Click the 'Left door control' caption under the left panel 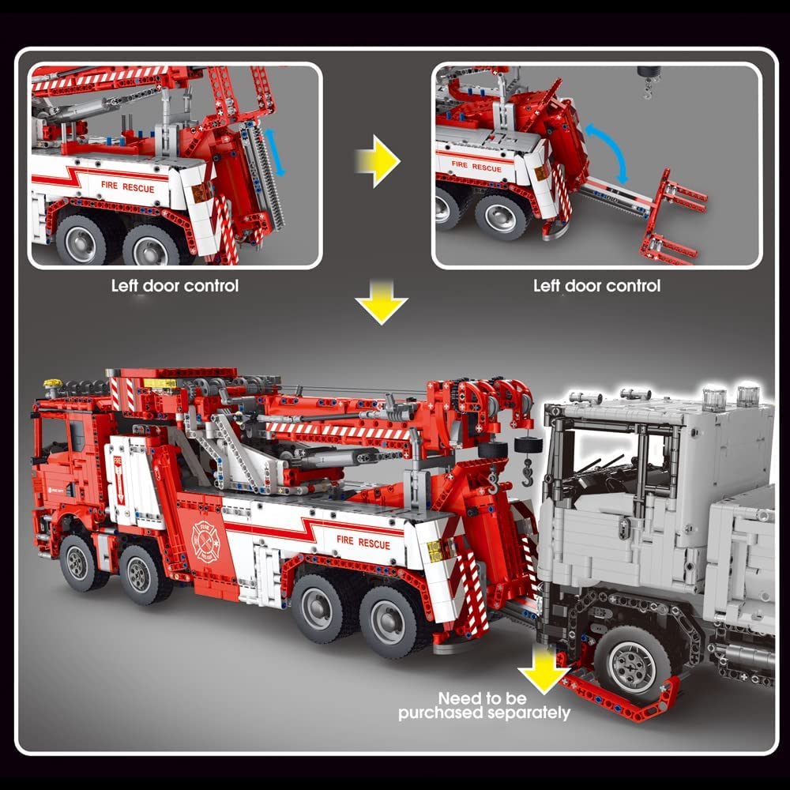pos(175,285)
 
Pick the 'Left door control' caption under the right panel pos(596,285)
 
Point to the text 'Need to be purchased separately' pos(483,705)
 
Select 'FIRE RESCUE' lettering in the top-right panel pos(476,167)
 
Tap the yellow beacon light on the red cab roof pos(53,384)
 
